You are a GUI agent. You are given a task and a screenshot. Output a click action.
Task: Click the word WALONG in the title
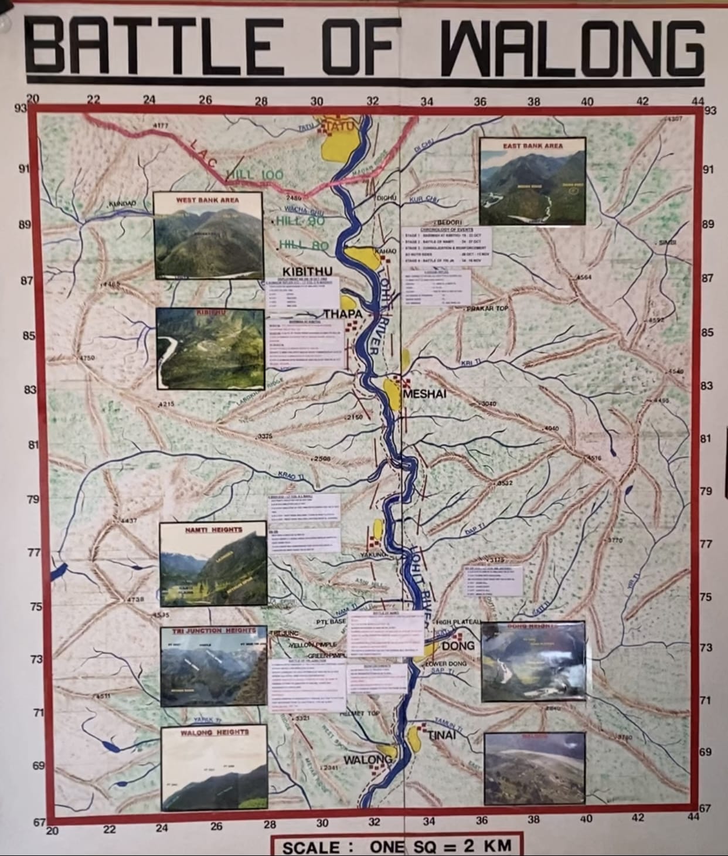coord(572,49)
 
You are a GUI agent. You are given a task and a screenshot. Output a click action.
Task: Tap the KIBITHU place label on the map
coord(307,271)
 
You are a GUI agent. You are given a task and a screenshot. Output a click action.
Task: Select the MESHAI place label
coord(424,394)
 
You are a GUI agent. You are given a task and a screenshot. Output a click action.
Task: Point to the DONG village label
coord(458,646)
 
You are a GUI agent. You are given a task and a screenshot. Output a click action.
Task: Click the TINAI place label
coord(441,735)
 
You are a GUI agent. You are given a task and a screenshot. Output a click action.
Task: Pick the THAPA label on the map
coord(343,314)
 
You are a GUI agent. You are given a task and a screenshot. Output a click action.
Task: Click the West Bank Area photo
coord(208,236)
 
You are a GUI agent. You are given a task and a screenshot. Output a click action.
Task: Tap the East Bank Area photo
coord(532,182)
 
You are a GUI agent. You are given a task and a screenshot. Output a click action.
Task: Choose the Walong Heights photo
coord(214,769)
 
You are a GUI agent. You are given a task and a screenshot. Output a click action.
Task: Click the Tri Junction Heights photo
coord(214,667)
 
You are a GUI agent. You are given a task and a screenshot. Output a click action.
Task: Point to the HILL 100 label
coord(254,174)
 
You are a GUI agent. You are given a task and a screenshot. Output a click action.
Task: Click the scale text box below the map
coord(396,845)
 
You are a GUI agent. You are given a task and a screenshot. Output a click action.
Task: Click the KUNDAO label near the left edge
coord(123,203)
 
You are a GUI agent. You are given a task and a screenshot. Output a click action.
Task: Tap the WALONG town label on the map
coord(367,760)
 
